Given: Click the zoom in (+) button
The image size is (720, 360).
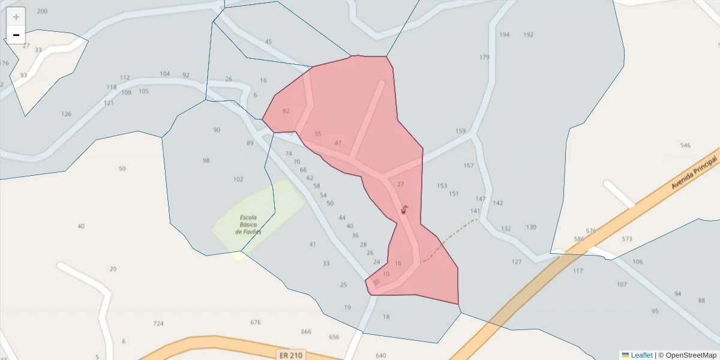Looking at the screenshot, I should click(x=16, y=16).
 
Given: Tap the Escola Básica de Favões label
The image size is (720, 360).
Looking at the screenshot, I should click(x=248, y=224).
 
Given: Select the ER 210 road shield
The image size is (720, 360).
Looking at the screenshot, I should click(x=292, y=355).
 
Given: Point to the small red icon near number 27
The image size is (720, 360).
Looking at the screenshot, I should click(x=404, y=209).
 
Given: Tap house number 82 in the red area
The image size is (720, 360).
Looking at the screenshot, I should click(x=286, y=111).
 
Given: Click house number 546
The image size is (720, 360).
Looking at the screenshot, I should click(x=685, y=145).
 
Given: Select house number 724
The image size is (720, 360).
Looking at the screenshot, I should click(x=158, y=323).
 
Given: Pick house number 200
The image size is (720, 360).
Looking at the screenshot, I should click(x=42, y=11).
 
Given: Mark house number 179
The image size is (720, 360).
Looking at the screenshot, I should click(x=484, y=58).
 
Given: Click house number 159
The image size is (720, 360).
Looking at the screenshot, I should click(x=460, y=131).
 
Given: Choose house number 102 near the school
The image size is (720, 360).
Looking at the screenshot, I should click(x=238, y=179).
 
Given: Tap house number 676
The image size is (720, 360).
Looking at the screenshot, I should click(x=256, y=322).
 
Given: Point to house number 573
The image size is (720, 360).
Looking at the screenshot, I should click(x=627, y=239).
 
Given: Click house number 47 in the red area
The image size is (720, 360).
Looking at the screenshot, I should click(x=338, y=143).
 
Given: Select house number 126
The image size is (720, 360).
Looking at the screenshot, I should click(x=66, y=114).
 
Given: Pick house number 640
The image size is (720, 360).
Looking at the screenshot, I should click(x=380, y=355).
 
